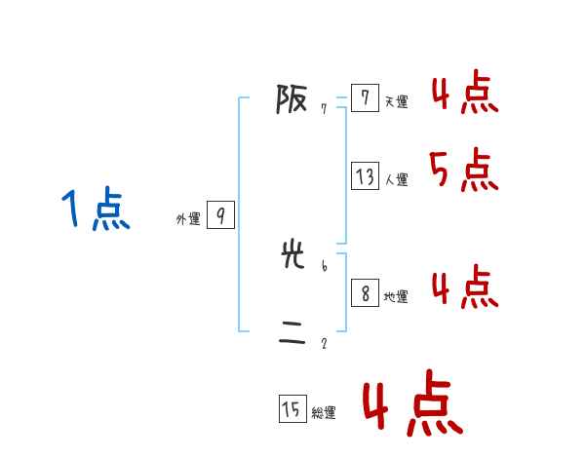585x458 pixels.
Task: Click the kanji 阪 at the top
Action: tap(292, 99)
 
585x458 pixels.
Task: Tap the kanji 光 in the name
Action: tap(292, 256)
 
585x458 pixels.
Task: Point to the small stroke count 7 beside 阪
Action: tap(323, 109)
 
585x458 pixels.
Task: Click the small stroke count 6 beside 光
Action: tap(323, 265)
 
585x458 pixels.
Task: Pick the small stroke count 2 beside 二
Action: tap(323, 343)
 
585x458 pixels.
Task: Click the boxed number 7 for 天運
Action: tap(364, 98)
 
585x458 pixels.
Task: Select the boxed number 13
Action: tap(365, 176)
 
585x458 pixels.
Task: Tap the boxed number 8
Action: tap(365, 293)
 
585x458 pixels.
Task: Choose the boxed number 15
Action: tap(292, 410)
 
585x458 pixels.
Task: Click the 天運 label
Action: tap(395, 101)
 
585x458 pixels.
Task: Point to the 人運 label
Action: tap(396, 179)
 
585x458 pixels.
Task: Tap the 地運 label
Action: tap(395, 296)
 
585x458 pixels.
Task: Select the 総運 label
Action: tap(324, 413)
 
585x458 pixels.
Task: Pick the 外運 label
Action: tap(188, 219)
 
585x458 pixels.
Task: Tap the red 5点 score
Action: tap(463, 172)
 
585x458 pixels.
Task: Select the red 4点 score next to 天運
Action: tap(464, 93)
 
